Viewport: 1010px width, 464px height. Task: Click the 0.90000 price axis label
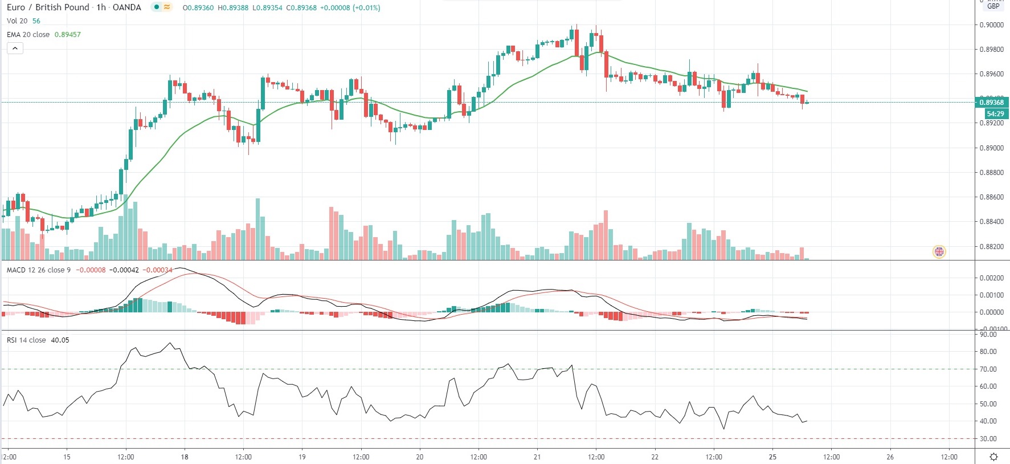point(992,25)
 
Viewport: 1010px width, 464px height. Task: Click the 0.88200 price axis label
point(992,247)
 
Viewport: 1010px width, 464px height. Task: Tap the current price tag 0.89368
point(992,103)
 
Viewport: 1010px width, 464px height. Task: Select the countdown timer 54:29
point(995,114)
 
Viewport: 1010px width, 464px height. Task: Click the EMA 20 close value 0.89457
point(67,35)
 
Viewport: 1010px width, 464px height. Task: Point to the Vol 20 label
point(17,21)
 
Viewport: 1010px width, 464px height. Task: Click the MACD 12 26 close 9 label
point(39,270)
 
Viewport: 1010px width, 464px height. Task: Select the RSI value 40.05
point(60,340)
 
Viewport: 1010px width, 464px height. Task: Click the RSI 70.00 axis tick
point(988,369)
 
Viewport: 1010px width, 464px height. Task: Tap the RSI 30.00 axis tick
point(988,439)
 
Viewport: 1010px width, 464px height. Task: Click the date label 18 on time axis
point(185,457)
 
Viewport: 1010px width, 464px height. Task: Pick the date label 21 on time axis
point(537,457)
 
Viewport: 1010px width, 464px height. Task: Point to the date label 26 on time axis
point(890,457)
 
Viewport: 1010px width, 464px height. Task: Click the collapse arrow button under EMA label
point(15,48)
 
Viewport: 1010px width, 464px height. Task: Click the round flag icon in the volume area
point(939,251)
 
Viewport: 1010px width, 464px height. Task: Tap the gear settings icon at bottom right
point(993,457)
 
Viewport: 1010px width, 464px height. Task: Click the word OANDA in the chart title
point(127,7)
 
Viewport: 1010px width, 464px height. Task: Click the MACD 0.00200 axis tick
point(992,278)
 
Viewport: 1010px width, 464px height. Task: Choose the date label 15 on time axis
point(67,457)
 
